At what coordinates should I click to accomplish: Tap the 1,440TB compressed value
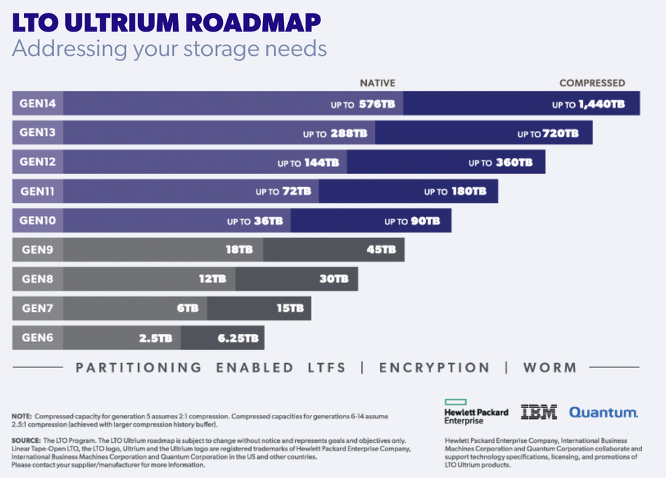pyautogui.click(x=601, y=104)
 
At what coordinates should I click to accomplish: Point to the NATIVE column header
pyautogui.click(x=377, y=83)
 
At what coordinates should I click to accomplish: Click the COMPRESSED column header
pyautogui.click(x=592, y=83)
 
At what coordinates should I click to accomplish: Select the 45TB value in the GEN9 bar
pyautogui.click(x=381, y=250)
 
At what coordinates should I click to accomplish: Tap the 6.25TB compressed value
pyautogui.click(x=238, y=338)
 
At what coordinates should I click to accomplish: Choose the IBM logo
pyautogui.click(x=538, y=413)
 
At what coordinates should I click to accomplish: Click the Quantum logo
pyautogui.click(x=603, y=413)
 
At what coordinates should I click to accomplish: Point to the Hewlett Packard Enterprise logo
pyautogui.click(x=476, y=412)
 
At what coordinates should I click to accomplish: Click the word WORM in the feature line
pyautogui.click(x=550, y=367)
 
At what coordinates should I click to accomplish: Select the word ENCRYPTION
pyautogui.click(x=434, y=367)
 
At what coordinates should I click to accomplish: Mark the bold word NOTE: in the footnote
pyautogui.click(x=22, y=416)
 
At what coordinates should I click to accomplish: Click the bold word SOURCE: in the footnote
pyautogui.click(x=26, y=440)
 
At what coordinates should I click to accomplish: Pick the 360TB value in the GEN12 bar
pyautogui.click(x=514, y=163)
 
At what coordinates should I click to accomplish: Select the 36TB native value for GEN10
pyautogui.click(x=269, y=221)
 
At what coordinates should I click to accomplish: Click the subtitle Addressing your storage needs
pyautogui.click(x=169, y=49)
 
